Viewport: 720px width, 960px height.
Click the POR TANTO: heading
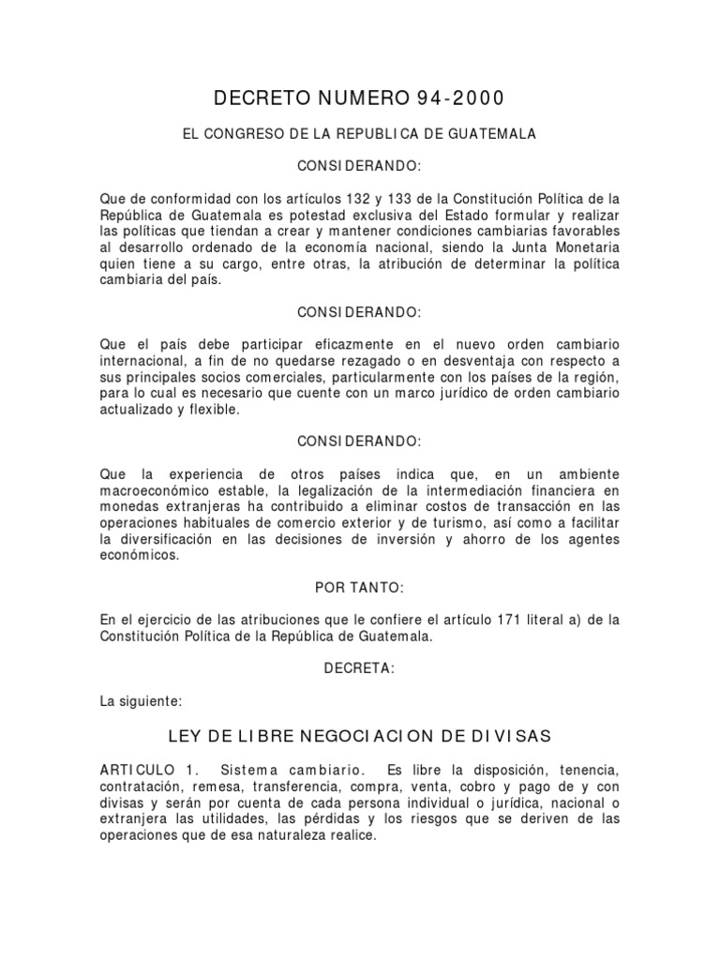pos(359,587)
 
